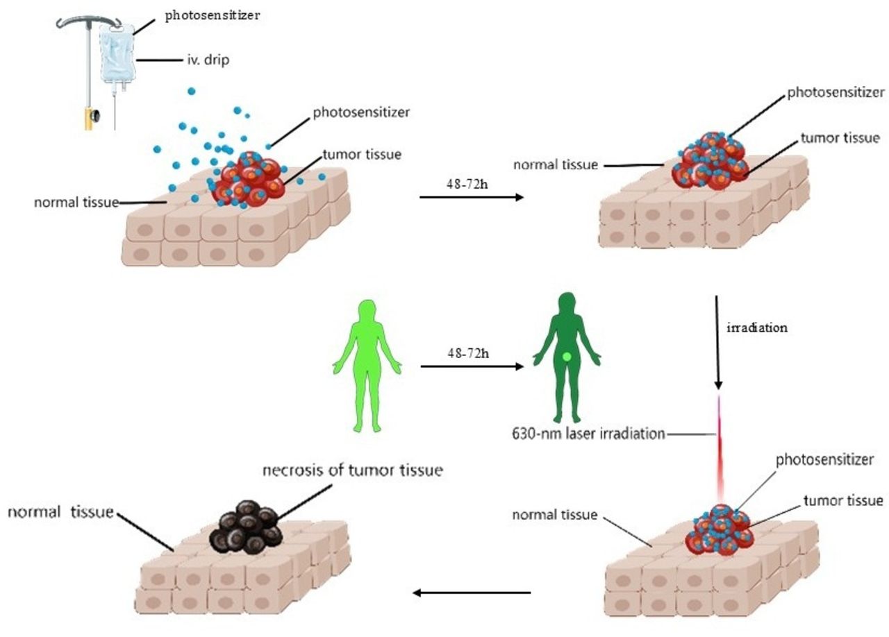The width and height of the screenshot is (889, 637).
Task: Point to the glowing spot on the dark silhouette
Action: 567,357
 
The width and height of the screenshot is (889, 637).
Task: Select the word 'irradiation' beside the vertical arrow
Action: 756,328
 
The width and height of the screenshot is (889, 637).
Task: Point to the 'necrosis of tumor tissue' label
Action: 353,470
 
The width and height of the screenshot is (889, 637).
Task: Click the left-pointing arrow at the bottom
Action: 472,593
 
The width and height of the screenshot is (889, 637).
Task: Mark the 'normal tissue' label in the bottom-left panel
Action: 60,512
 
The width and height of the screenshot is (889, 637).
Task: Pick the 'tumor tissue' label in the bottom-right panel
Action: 842,500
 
